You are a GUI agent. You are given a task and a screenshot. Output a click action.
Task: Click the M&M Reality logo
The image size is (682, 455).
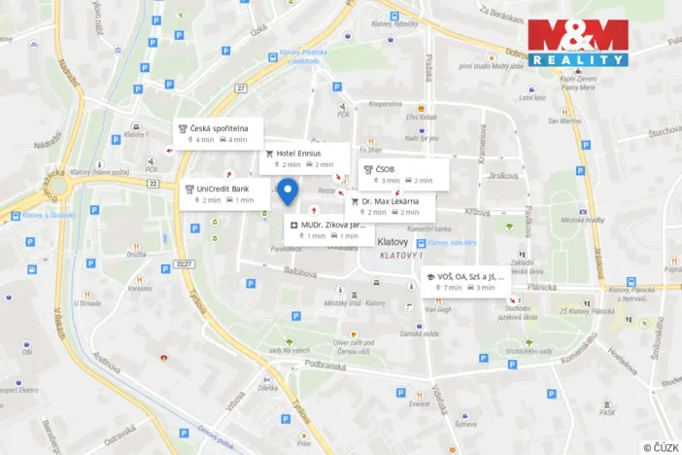(x=578, y=44)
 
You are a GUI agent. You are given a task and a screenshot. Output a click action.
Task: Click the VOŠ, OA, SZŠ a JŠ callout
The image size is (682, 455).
(x=464, y=281)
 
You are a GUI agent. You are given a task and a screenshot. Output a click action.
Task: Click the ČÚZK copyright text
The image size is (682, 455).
(x=661, y=446)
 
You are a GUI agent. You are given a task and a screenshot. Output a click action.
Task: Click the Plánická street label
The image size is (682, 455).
(x=540, y=287)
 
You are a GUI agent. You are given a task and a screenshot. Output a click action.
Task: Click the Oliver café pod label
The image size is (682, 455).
(x=353, y=342)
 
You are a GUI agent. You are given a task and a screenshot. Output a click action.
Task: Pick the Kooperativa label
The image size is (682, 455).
(x=385, y=102)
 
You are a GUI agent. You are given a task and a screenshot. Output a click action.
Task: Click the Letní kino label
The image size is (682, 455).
(x=532, y=98)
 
